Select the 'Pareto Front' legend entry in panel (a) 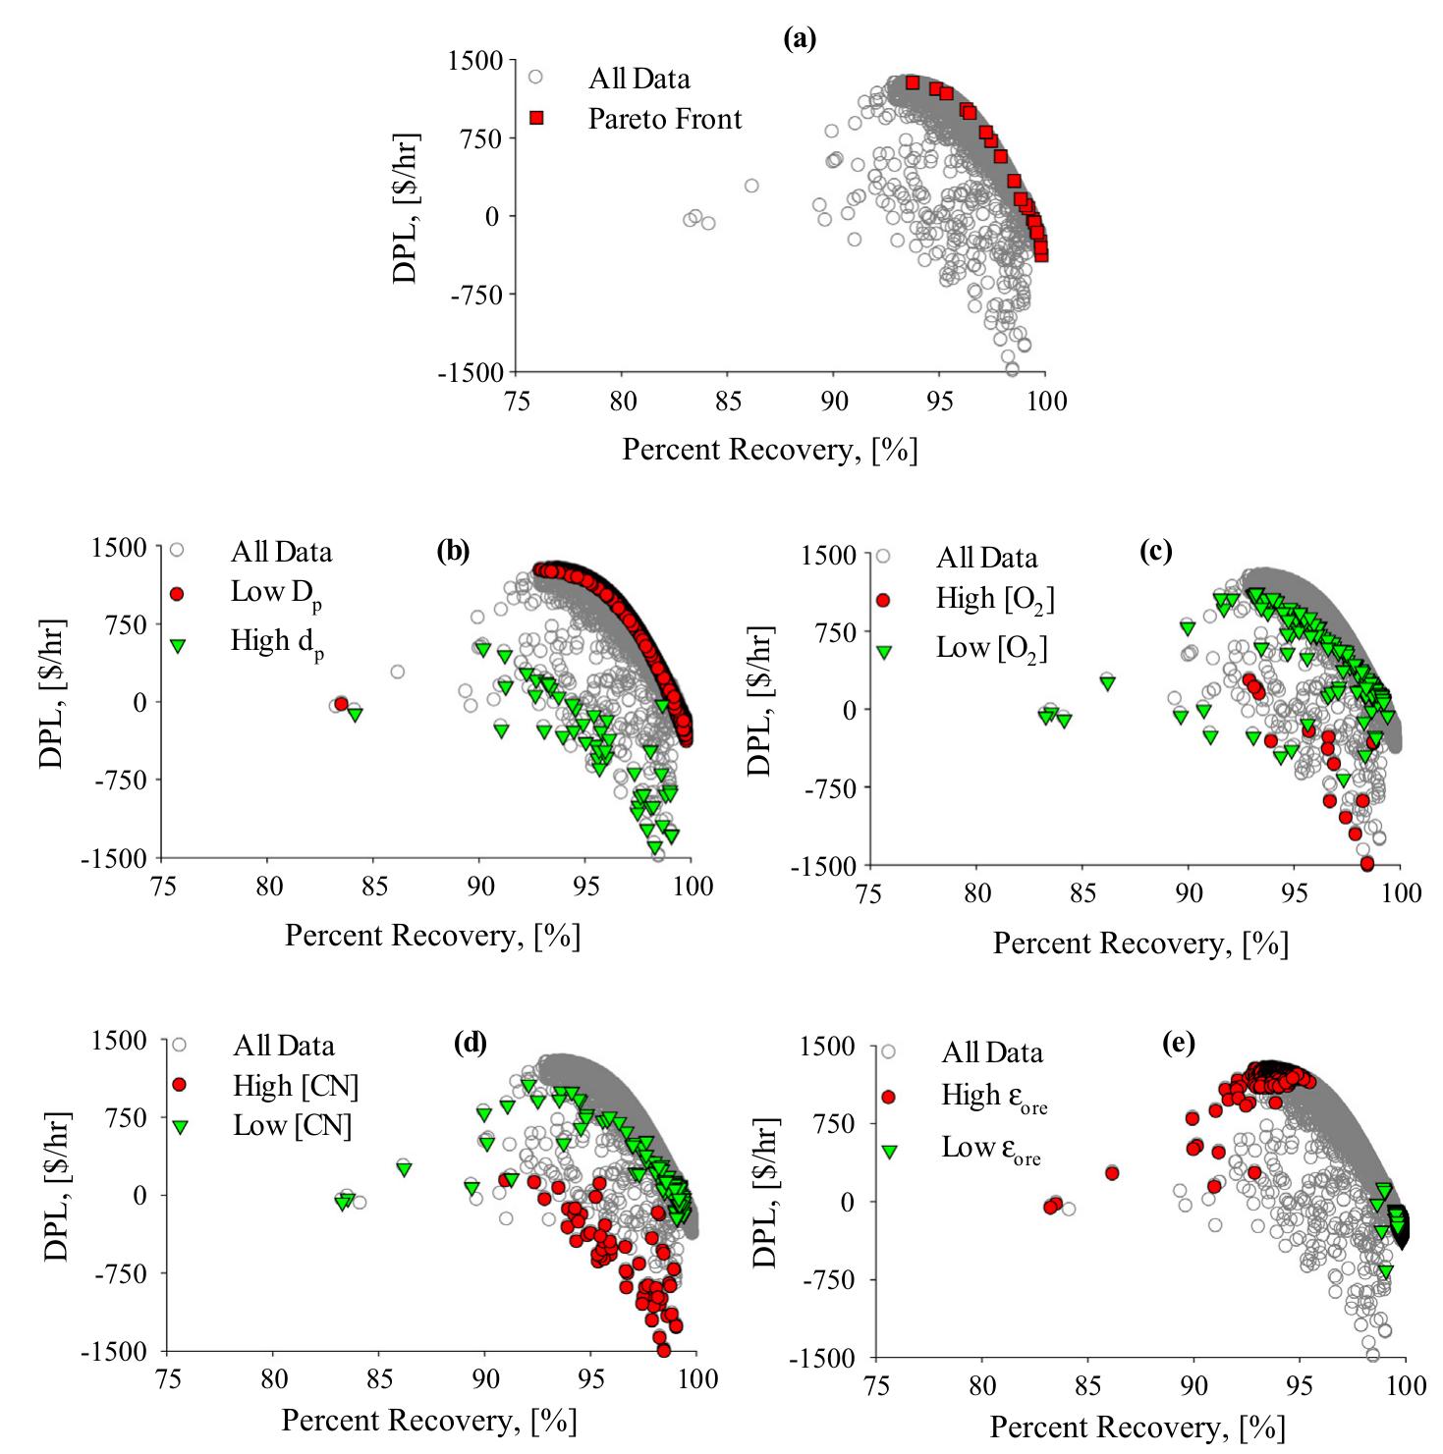(664, 119)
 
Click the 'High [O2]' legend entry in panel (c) (995, 599)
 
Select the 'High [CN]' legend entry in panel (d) (296, 1086)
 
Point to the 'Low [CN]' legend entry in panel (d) (293, 1125)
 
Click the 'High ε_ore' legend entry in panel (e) (995, 1096)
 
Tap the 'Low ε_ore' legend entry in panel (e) (991, 1149)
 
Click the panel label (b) (453, 552)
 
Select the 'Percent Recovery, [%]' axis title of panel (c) (1139, 942)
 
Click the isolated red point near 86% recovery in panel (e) (1112, 1173)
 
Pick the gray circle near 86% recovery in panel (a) (751, 186)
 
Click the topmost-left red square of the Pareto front (913, 82)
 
